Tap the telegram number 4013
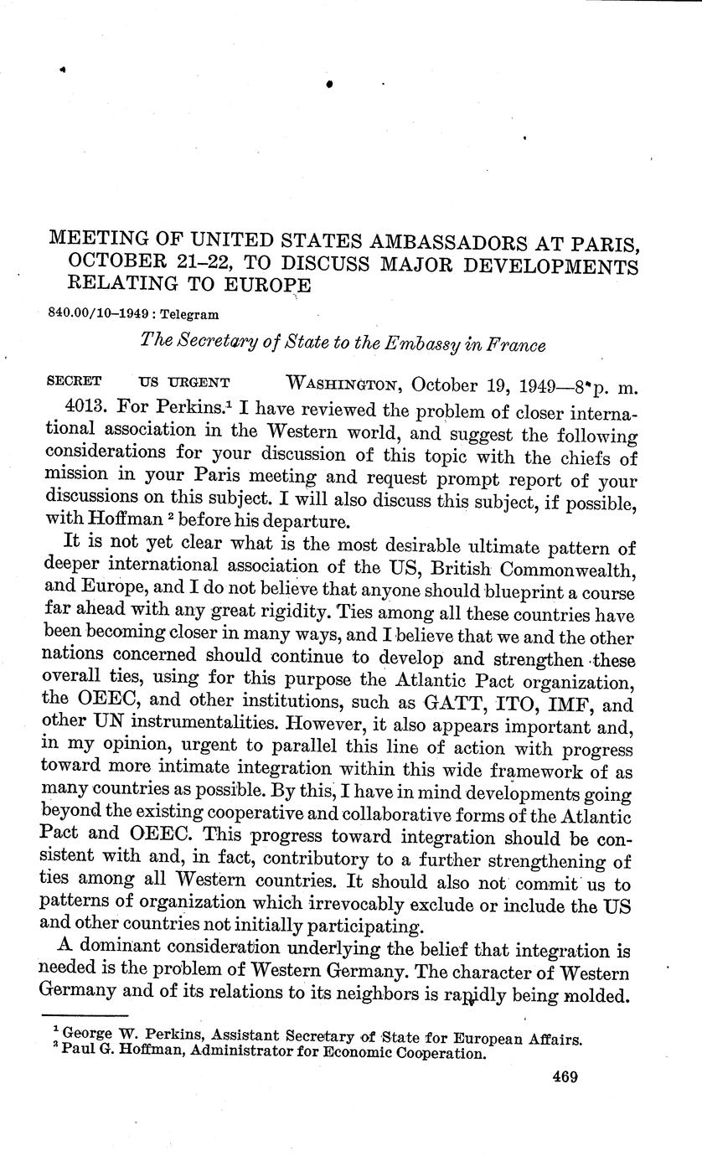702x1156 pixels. (x=89, y=410)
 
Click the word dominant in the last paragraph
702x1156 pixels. (x=122, y=950)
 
